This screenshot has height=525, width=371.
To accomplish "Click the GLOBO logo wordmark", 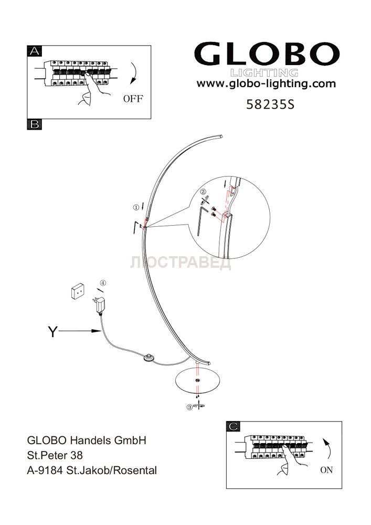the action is [x=267, y=54].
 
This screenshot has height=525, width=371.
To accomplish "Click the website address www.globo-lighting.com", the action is [x=266, y=83].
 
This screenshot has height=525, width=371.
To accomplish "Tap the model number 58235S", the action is [x=270, y=105].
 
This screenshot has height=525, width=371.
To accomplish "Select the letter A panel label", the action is [x=35, y=51].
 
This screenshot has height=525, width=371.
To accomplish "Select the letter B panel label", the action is [x=35, y=124].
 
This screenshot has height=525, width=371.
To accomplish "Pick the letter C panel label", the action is [x=233, y=426].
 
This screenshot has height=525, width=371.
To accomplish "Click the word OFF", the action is [x=133, y=99].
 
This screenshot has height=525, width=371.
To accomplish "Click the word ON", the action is [x=326, y=470].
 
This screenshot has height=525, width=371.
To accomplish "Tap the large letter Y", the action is [x=53, y=332].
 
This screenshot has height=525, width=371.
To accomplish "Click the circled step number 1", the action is [x=136, y=207].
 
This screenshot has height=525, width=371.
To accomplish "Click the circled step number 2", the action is [x=203, y=192].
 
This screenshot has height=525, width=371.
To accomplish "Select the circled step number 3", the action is [x=189, y=407].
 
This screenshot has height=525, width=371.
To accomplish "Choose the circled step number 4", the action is [x=103, y=283].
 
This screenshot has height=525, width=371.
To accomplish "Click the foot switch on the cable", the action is [x=148, y=358].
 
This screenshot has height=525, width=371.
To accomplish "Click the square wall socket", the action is [x=77, y=291].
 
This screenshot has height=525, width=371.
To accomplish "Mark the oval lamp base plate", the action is [x=198, y=380].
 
